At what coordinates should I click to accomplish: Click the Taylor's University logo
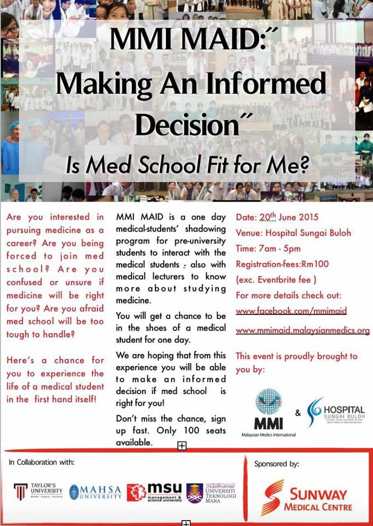(38, 490)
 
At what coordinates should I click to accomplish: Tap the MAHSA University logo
(96, 491)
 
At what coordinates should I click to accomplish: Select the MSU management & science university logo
(155, 491)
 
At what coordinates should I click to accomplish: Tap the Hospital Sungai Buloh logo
(335, 411)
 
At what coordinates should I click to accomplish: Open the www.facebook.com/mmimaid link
(291, 311)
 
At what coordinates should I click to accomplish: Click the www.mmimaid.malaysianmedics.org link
(303, 330)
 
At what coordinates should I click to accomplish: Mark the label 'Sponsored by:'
(277, 464)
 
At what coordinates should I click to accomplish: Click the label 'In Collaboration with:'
(42, 462)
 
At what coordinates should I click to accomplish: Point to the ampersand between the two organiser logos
(298, 412)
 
